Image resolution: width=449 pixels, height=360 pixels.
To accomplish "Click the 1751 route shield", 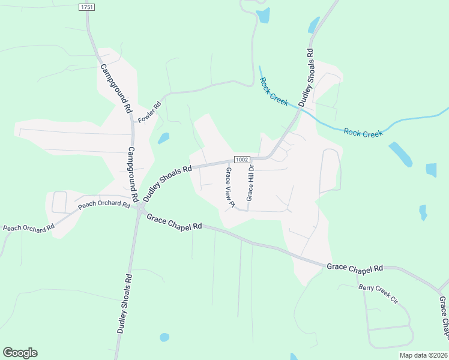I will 87,7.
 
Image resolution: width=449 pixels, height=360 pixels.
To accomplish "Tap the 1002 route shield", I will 241,160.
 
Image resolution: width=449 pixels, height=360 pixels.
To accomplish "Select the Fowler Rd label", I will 150,112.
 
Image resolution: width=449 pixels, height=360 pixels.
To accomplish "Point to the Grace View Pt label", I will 229,188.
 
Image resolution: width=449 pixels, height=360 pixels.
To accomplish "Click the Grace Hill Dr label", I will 250,183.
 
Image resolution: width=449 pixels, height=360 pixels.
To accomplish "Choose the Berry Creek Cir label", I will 378,292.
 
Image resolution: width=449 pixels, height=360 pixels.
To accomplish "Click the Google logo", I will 20,353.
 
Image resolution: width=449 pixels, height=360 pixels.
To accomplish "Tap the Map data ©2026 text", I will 423,355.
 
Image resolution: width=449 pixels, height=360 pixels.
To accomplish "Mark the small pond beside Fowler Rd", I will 163,138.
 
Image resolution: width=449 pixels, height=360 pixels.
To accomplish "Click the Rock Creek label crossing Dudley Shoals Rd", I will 275,89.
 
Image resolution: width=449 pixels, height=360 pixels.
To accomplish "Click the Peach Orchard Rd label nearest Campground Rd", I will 104,205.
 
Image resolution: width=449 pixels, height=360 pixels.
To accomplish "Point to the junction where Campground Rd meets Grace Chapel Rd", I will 140,208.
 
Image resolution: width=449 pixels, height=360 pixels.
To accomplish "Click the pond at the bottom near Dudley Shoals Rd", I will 164,337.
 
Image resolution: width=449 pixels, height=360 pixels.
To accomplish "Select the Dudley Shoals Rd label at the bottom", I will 124,304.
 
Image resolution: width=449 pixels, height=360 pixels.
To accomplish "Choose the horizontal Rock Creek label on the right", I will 364,133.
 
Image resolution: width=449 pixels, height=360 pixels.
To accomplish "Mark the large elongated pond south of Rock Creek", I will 400,154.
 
